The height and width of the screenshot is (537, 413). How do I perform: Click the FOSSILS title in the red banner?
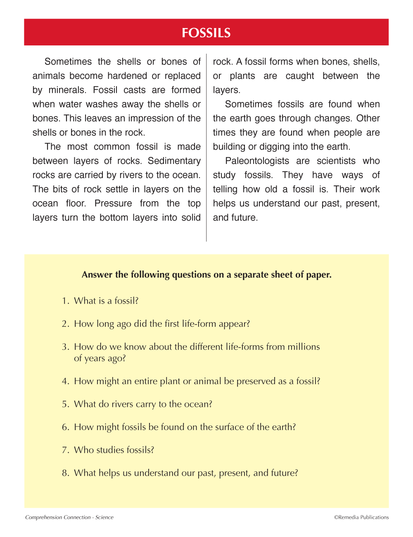click(206, 33)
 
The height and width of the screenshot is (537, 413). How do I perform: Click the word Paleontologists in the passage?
click(257, 161)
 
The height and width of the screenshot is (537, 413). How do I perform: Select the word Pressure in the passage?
click(113, 203)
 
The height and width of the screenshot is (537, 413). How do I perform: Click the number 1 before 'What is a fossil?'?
click(65, 301)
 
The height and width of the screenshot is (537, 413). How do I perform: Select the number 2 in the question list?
click(65, 324)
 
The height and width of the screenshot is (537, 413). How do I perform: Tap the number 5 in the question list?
click(65, 404)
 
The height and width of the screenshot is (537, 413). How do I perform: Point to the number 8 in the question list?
click(65, 473)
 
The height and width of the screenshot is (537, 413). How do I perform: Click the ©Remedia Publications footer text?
click(361, 517)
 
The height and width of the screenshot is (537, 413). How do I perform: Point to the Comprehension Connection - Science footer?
click(69, 517)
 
